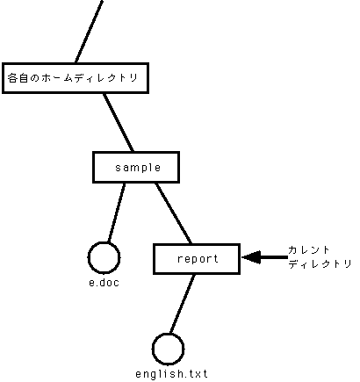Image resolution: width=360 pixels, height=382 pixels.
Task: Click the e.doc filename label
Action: tap(104, 283)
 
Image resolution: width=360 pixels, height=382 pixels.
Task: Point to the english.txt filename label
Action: tap(171, 374)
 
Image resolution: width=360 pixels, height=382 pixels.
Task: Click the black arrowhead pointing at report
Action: tap(251, 257)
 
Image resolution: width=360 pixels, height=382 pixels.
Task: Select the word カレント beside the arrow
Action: tap(309, 250)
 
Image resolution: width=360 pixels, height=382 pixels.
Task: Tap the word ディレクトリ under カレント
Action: tap(320, 263)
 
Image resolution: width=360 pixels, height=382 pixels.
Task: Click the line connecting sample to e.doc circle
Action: tap(117, 213)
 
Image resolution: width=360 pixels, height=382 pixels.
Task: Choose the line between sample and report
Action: tap(173, 213)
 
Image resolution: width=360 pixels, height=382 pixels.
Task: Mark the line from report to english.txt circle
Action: tap(182, 304)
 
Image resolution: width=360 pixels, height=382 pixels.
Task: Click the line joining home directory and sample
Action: tap(119, 122)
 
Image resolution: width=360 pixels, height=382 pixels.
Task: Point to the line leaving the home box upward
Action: tap(89, 32)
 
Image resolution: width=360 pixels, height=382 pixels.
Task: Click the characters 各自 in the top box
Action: tap(18, 78)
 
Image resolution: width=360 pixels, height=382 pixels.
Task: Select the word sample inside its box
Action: tap(138, 168)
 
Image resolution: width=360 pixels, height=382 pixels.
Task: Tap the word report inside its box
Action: tap(198, 259)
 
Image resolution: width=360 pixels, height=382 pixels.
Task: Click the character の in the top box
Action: tap(34, 78)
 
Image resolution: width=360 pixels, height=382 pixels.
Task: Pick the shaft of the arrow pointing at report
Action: tap(274, 257)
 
